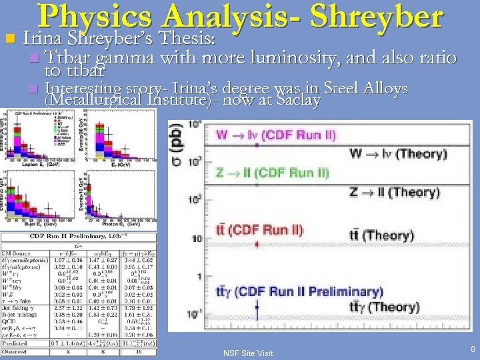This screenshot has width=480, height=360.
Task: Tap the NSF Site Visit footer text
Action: pos(247,353)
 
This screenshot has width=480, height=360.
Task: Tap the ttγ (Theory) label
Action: pos(385,307)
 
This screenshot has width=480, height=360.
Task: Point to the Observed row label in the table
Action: pos(15,351)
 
